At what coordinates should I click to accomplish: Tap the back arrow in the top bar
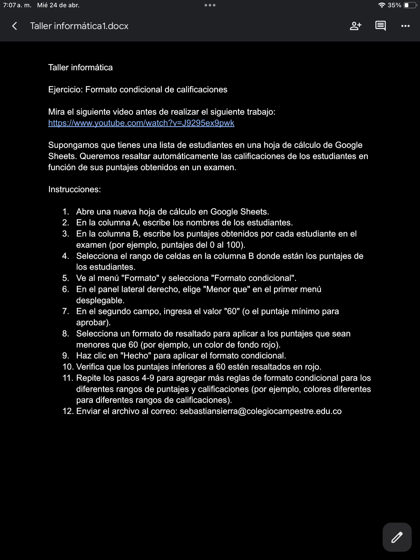tap(15, 26)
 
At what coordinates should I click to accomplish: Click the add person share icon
tap(355, 26)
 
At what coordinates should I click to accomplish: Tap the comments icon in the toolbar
tap(380, 26)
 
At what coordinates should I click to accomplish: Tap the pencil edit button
tap(397, 537)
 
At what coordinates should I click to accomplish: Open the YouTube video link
tap(141, 123)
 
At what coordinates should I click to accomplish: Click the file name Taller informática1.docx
tap(79, 26)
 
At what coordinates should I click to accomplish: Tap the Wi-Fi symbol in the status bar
tap(382, 5)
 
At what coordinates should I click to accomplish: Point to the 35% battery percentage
tap(394, 5)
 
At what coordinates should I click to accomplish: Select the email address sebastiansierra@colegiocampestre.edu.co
tap(261, 411)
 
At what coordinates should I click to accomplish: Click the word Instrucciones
tap(74, 189)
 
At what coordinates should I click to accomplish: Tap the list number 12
tap(68, 411)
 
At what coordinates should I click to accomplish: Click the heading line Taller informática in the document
tap(80, 67)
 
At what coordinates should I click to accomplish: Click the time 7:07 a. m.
tap(17, 5)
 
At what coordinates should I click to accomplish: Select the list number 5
tap(66, 278)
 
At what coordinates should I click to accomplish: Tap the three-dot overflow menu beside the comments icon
tap(405, 26)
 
